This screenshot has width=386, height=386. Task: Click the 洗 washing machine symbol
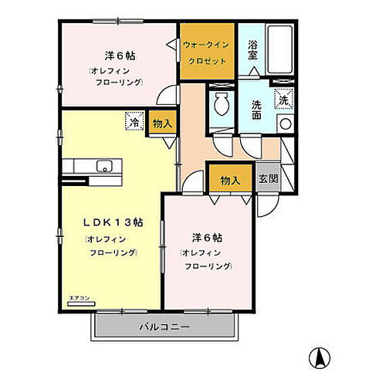(284, 100)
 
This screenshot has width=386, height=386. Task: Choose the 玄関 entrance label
(267, 179)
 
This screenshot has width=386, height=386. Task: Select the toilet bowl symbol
(221, 103)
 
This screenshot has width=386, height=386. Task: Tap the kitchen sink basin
(103, 166)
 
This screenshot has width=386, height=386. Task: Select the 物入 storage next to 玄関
(229, 180)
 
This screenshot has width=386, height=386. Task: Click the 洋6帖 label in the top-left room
(121, 56)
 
